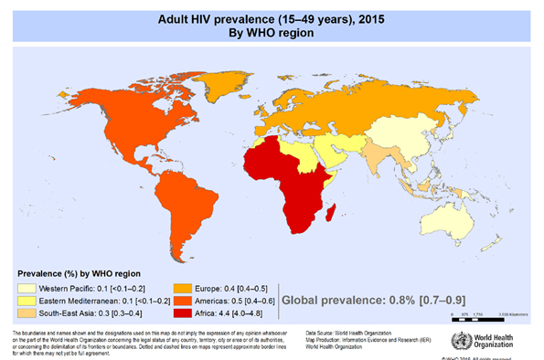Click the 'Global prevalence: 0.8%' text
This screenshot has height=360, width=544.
365,299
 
